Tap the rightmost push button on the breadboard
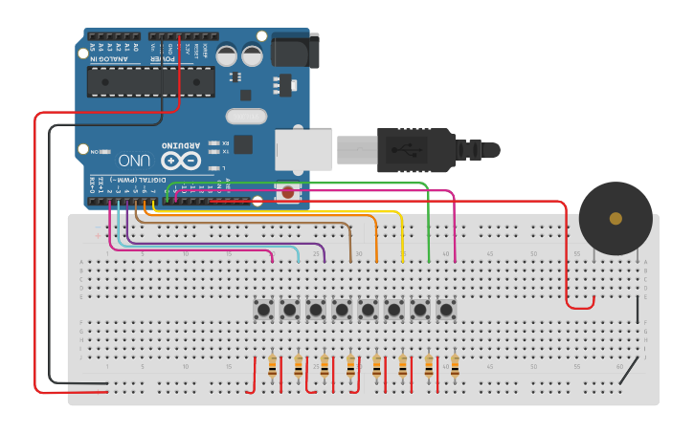445,310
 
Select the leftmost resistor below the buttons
274,366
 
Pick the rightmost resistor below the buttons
455,366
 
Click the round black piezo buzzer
616,218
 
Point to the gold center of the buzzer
616,218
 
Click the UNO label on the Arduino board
139,161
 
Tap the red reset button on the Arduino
288,192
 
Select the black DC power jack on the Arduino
293,50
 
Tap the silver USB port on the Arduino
304,149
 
